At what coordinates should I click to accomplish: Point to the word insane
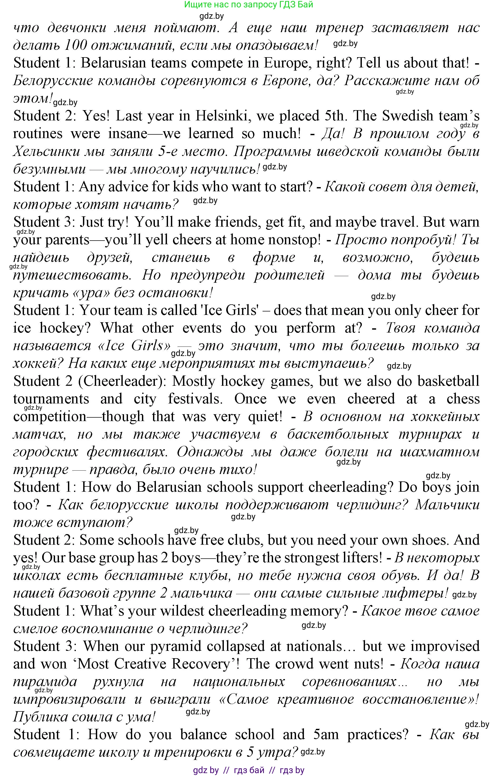tap(128, 134)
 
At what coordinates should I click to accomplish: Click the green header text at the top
tap(248, 4)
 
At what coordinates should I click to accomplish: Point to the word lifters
tap(360, 558)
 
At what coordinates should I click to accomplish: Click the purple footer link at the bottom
tap(248, 770)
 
